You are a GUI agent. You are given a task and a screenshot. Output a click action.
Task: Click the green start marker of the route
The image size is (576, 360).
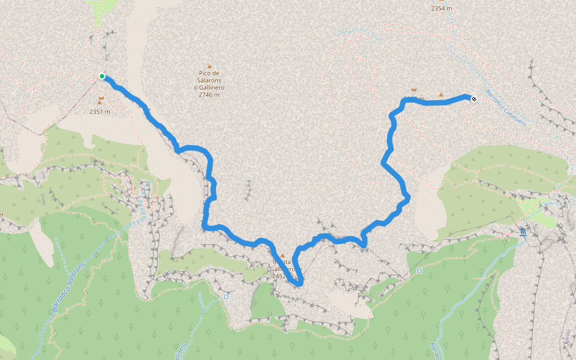point(102,76)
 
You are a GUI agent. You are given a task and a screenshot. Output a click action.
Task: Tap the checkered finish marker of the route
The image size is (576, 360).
point(474,99)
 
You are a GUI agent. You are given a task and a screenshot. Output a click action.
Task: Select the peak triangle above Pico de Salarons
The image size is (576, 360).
point(209,66)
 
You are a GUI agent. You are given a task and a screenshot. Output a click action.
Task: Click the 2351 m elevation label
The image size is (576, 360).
point(100,112)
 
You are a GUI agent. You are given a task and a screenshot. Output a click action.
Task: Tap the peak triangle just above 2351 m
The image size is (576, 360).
point(100,103)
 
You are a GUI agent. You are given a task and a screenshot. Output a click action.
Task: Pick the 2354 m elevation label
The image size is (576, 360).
point(441,8)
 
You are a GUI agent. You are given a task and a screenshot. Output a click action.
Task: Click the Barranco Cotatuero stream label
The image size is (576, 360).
point(505,108)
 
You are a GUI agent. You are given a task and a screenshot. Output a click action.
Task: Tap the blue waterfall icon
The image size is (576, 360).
point(524,231)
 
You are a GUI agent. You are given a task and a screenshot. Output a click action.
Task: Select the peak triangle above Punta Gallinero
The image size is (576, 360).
point(283,256)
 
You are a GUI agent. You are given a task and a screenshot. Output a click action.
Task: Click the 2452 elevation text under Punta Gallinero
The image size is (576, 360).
point(280,277)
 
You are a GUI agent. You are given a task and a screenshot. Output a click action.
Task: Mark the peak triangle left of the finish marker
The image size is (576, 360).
point(441,95)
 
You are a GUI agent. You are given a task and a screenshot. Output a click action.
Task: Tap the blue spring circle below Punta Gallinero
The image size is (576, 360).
point(226,297)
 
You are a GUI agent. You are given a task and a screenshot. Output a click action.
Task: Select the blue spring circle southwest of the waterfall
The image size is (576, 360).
point(419,271)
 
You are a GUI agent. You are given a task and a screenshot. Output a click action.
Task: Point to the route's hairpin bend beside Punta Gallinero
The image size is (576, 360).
point(298,281)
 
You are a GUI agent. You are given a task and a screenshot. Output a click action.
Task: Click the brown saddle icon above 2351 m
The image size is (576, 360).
point(101,97)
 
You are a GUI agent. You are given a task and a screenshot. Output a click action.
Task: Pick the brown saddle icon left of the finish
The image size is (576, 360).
point(414,89)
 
